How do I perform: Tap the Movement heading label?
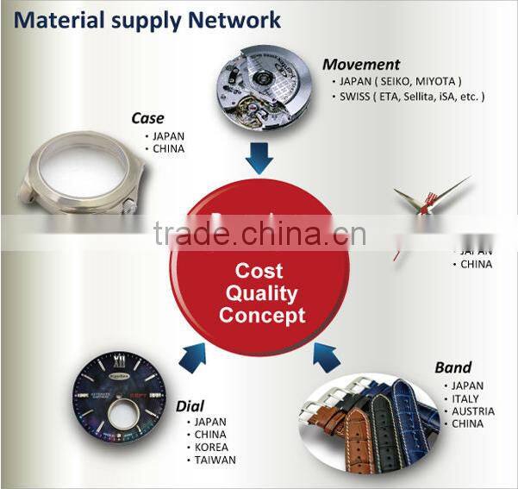click(x=361, y=64)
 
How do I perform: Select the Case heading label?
click(x=147, y=118)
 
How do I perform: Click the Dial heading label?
click(x=190, y=405)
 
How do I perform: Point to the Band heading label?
click(x=452, y=368)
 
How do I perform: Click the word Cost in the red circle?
click(x=259, y=271)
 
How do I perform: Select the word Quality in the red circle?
click(x=261, y=293)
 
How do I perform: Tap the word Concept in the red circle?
click(x=261, y=316)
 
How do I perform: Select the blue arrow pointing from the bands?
click(x=328, y=354)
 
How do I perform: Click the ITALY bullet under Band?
click(x=466, y=398)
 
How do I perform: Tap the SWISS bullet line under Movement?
click(x=408, y=97)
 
